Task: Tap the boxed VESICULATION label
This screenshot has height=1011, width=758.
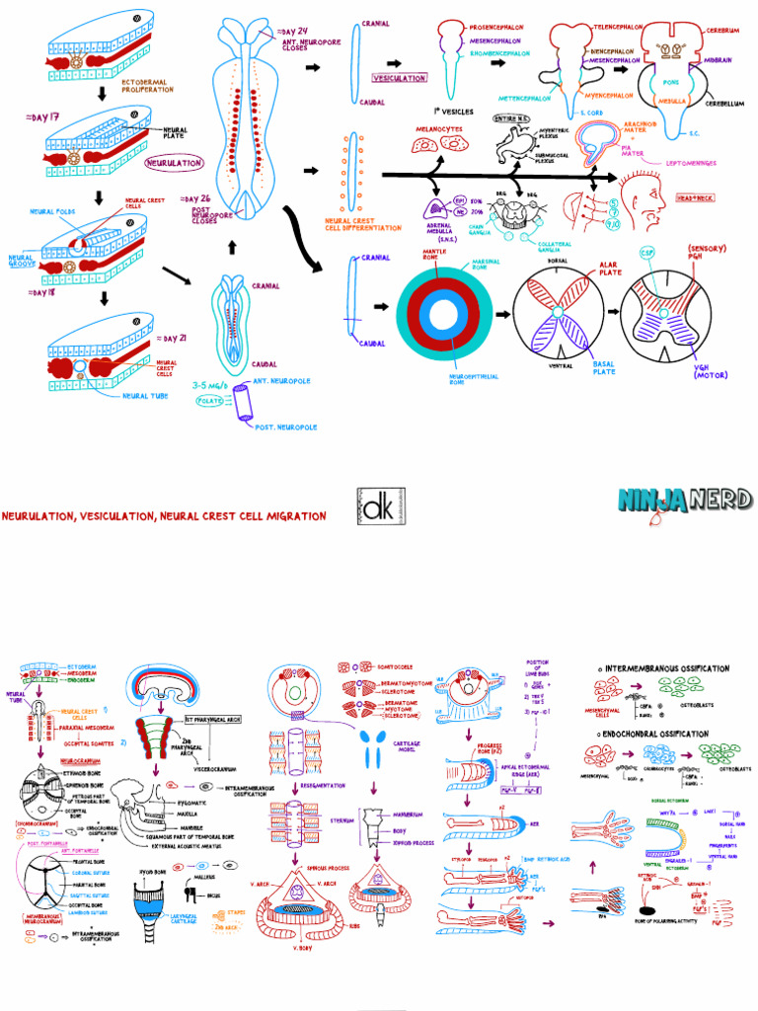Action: (399, 77)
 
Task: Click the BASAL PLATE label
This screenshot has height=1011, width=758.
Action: (604, 367)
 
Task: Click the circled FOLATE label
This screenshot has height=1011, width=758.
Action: (210, 402)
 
